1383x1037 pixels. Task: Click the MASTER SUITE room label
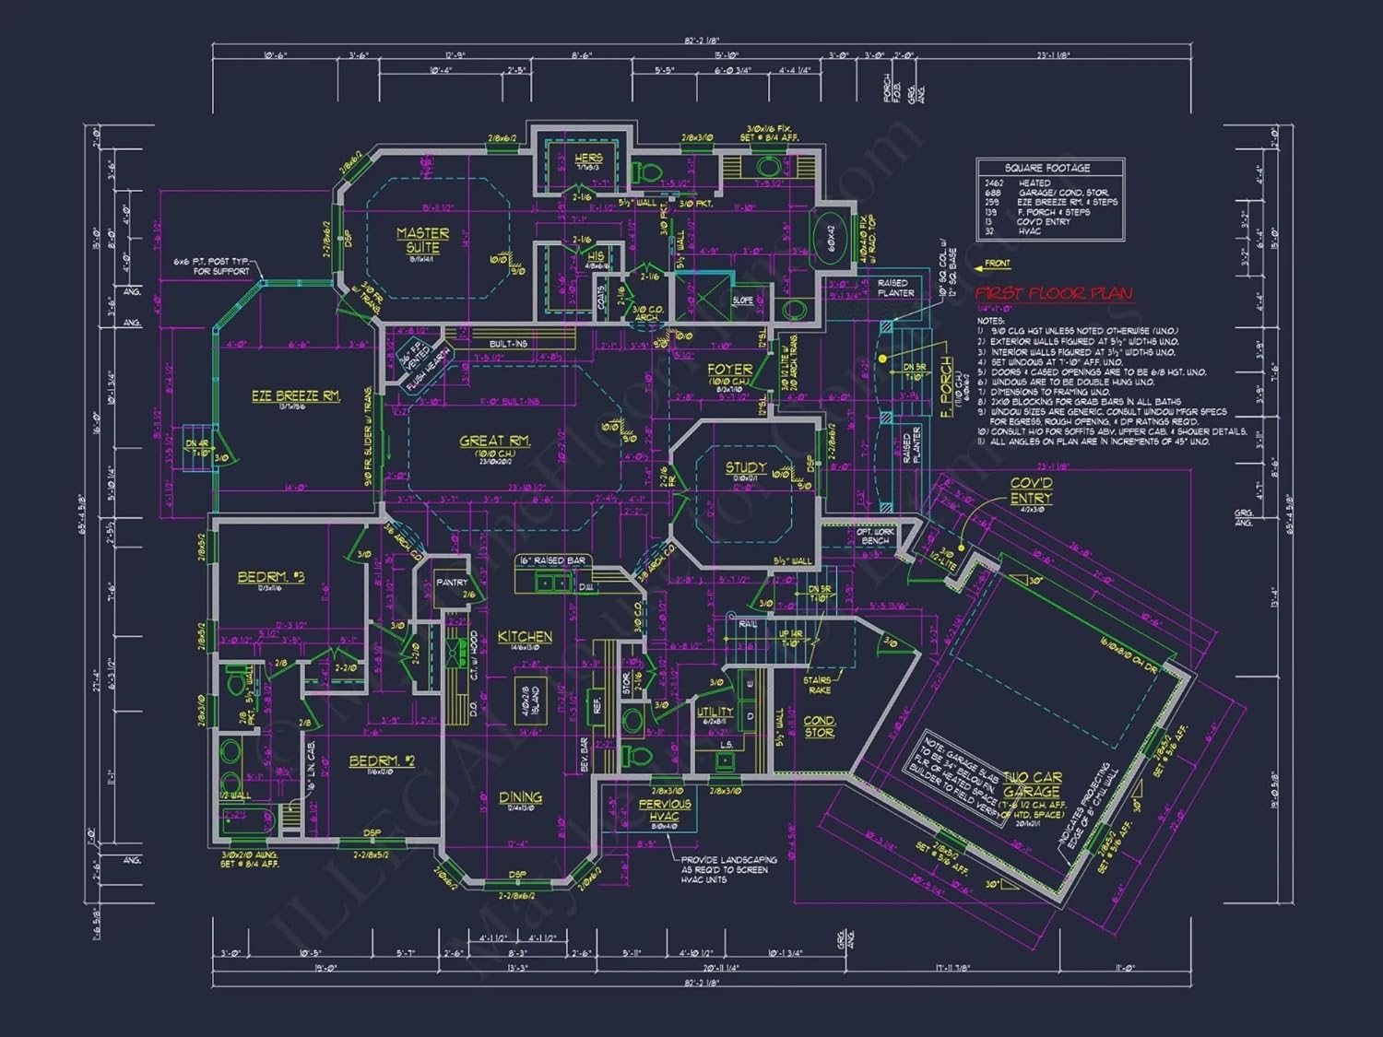(423, 241)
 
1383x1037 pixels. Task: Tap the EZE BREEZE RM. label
(296, 395)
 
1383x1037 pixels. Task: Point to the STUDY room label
(745, 467)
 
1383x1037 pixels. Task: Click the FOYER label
(729, 369)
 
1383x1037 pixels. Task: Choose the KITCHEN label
(525, 636)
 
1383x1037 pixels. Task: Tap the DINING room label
(520, 796)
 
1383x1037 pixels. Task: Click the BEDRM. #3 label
(270, 576)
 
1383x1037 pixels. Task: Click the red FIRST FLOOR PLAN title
(1054, 293)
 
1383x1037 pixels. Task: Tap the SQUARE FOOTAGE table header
(1047, 168)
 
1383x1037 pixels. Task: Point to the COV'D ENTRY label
(1031, 490)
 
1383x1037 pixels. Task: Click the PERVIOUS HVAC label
(664, 809)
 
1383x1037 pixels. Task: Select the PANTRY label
(452, 583)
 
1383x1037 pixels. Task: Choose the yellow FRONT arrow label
(992, 265)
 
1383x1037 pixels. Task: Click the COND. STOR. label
(819, 726)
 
